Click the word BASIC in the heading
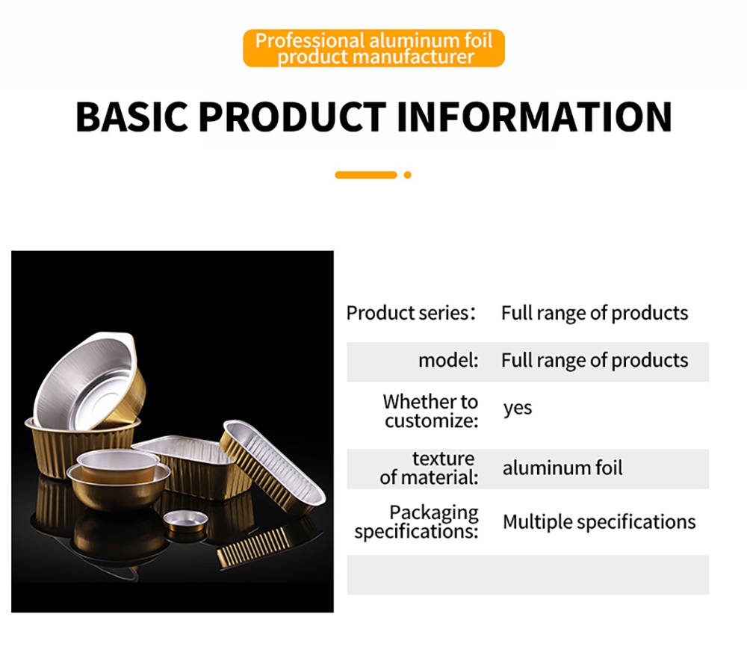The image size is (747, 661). (132, 117)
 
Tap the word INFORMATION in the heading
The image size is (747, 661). (534, 117)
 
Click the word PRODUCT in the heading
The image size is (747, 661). (292, 117)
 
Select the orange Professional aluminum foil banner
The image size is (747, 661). (373, 48)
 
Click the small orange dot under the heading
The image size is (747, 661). (407, 175)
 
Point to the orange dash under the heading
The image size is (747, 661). (366, 175)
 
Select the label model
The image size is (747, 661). (448, 360)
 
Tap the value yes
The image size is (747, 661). (518, 408)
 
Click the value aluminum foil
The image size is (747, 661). (562, 468)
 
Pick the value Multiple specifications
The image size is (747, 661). (599, 522)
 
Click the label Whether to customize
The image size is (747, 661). (431, 411)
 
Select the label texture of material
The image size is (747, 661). (429, 468)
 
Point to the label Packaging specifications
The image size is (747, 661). (416, 522)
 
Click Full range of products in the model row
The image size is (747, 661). (595, 360)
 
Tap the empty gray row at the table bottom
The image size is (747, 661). (528, 575)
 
